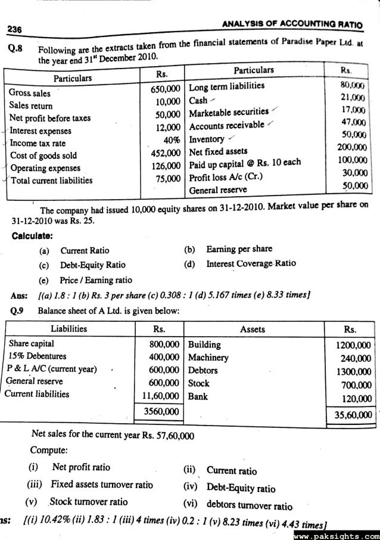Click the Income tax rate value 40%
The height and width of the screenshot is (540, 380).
(170, 143)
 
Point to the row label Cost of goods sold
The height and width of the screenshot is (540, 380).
(43, 156)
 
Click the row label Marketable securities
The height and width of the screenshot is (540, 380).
(229, 111)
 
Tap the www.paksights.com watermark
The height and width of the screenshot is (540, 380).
(340, 535)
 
